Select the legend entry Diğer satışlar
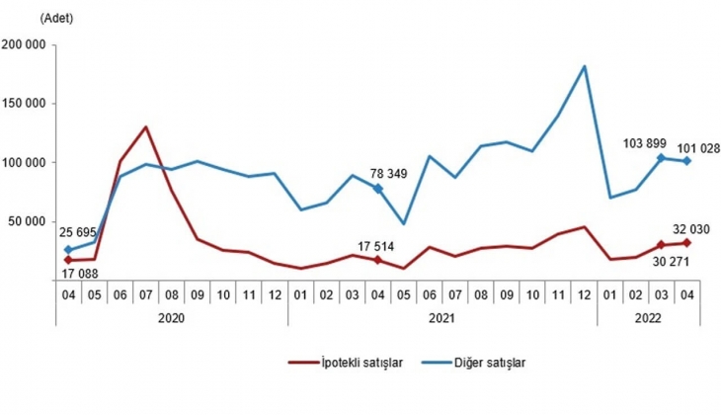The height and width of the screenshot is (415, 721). pyautogui.click(x=489, y=363)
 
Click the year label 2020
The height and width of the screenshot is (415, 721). pyautogui.click(x=172, y=318)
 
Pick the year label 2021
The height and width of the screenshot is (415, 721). pyautogui.click(x=441, y=318)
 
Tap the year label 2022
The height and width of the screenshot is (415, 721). pyautogui.click(x=648, y=318)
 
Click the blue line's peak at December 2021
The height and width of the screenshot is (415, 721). pyautogui.click(x=585, y=66)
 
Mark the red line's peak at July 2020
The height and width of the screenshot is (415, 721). pyautogui.click(x=146, y=126)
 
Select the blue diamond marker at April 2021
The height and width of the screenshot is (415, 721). pyautogui.click(x=377, y=188)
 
